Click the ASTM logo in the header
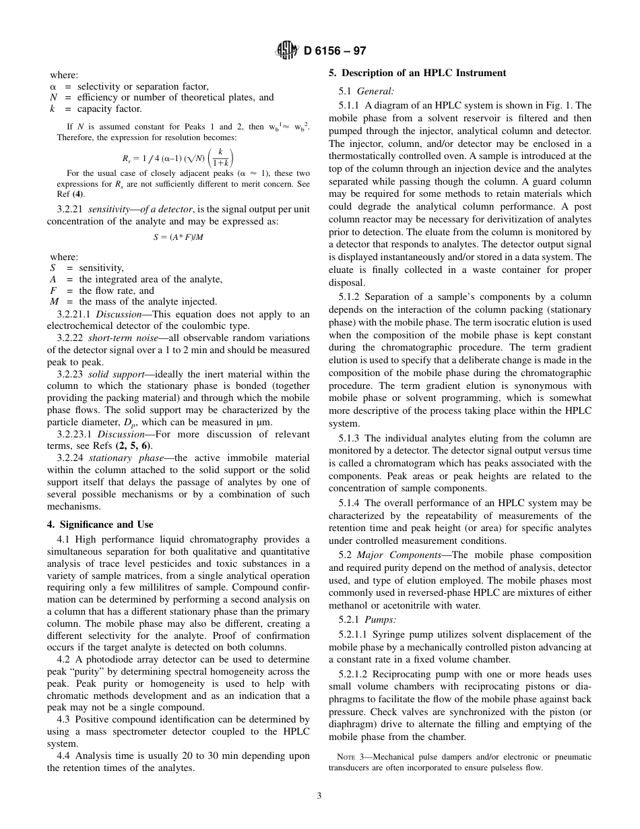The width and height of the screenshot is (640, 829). pos(287,51)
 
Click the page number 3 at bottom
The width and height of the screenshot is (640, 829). pos(319,795)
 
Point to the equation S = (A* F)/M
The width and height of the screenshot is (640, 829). pos(178,237)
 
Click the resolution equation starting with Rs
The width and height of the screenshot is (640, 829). pos(178,158)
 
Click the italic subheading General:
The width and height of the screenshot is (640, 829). pos(375,91)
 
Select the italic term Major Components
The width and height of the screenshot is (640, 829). pos(397,555)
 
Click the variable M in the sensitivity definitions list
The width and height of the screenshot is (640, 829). pos(54,302)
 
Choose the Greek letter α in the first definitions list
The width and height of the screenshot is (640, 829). pos(53,87)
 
